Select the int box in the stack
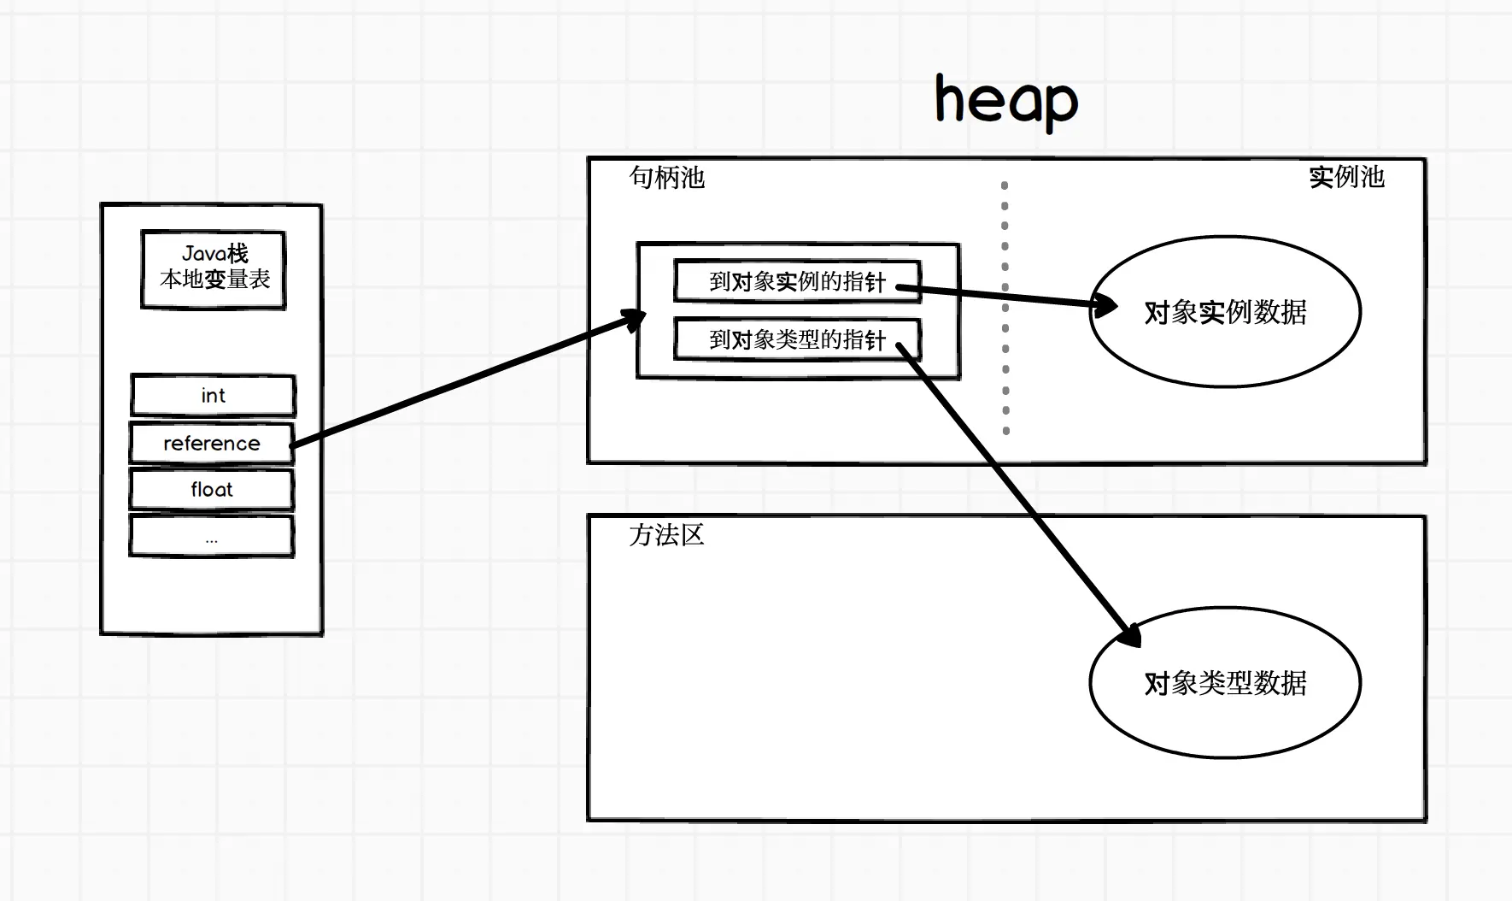(x=213, y=396)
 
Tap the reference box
(x=212, y=443)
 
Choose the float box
(x=212, y=490)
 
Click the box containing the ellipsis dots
(x=212, y=537)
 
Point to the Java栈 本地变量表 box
(x=214, y=268)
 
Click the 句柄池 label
(x=666, y=178)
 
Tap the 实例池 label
(x=1346, y=177)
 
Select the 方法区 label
(x=666, y=535)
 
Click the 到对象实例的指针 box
(x=796, y=281)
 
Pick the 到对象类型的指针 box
(x=796, y=340)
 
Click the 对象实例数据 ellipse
(x=1225, y=312)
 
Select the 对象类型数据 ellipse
(x=1225, y=683)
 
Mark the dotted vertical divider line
(x=1005, y=308)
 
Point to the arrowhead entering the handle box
(x=634, y=320)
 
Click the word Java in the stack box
(x=203, y=254)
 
